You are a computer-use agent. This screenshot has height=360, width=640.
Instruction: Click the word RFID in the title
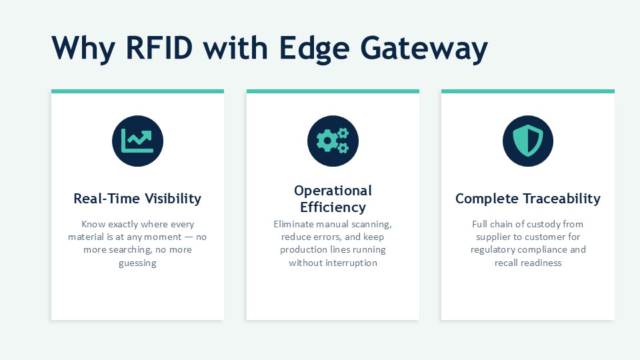[159, 48]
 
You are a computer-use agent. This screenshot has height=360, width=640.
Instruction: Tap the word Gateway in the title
[424, 49]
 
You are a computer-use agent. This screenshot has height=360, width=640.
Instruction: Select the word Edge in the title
[314, 49]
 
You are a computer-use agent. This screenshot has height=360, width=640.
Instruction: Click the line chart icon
[137, 141]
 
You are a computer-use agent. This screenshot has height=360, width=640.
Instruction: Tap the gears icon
[333, 141]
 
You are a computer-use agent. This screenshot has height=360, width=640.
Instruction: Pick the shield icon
[528, 141]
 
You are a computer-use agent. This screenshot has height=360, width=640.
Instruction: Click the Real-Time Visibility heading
[137, 199]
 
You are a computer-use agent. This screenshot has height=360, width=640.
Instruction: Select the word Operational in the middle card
[333, 191]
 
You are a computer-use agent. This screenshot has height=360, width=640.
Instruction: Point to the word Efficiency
[333, 207]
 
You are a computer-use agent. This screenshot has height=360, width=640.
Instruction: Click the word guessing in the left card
[137, 263]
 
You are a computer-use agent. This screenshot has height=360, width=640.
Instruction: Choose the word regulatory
[491, 250]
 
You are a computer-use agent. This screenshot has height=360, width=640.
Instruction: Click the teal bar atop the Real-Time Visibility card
[137, 91]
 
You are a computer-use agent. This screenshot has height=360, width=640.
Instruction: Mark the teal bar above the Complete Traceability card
[528, 91]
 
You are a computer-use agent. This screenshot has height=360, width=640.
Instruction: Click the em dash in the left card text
[189, 237]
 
